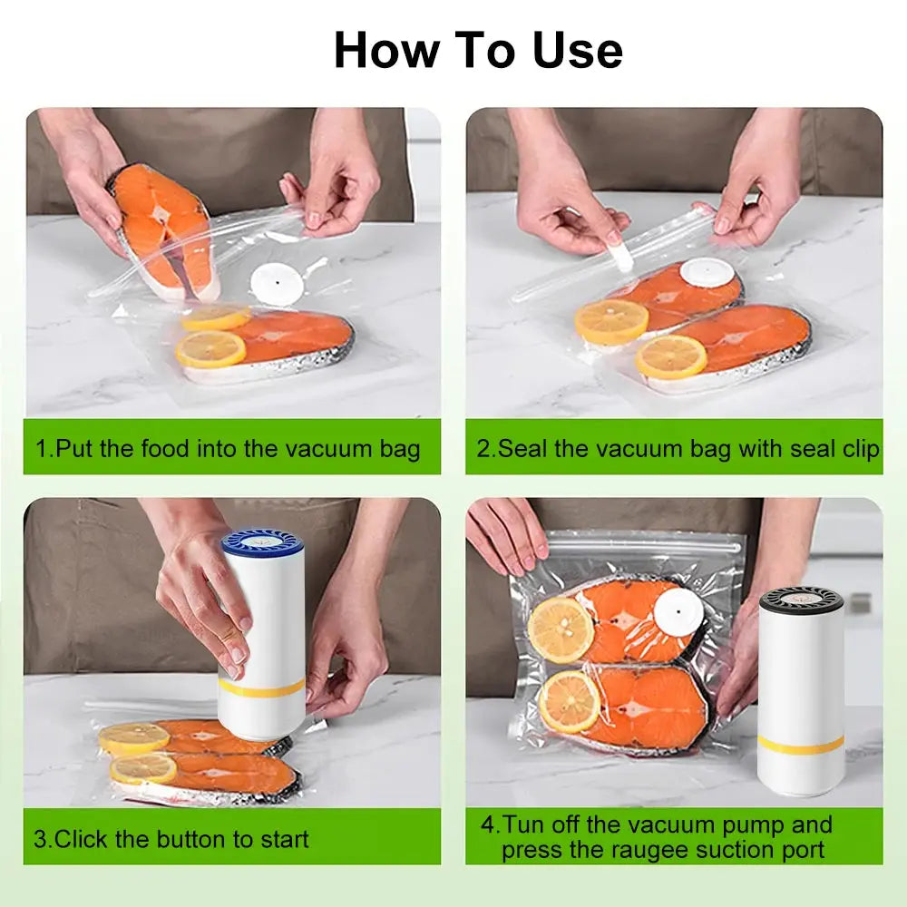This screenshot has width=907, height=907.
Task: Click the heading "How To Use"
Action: point(478,50)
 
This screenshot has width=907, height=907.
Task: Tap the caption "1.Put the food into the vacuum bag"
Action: point(228,448)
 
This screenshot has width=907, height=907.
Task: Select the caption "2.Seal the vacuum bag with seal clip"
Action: point(678,448)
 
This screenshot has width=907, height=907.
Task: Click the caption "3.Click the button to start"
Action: point(171,839)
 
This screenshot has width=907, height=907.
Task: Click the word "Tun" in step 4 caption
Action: point(523,825)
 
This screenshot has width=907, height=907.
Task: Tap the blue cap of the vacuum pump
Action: point(262,543)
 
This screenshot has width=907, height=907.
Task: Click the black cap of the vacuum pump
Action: point(801,600)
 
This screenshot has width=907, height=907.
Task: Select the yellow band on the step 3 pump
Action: point(262,688)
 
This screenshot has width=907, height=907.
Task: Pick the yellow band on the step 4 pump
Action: point(801,745)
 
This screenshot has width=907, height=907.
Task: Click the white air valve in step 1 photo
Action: point(277,283)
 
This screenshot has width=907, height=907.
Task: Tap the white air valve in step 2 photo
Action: point(707,272)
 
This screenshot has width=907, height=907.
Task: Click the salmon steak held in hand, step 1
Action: point(163,227)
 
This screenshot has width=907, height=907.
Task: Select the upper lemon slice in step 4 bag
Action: point(561,629)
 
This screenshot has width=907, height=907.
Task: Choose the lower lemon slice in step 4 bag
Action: point(569,702)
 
